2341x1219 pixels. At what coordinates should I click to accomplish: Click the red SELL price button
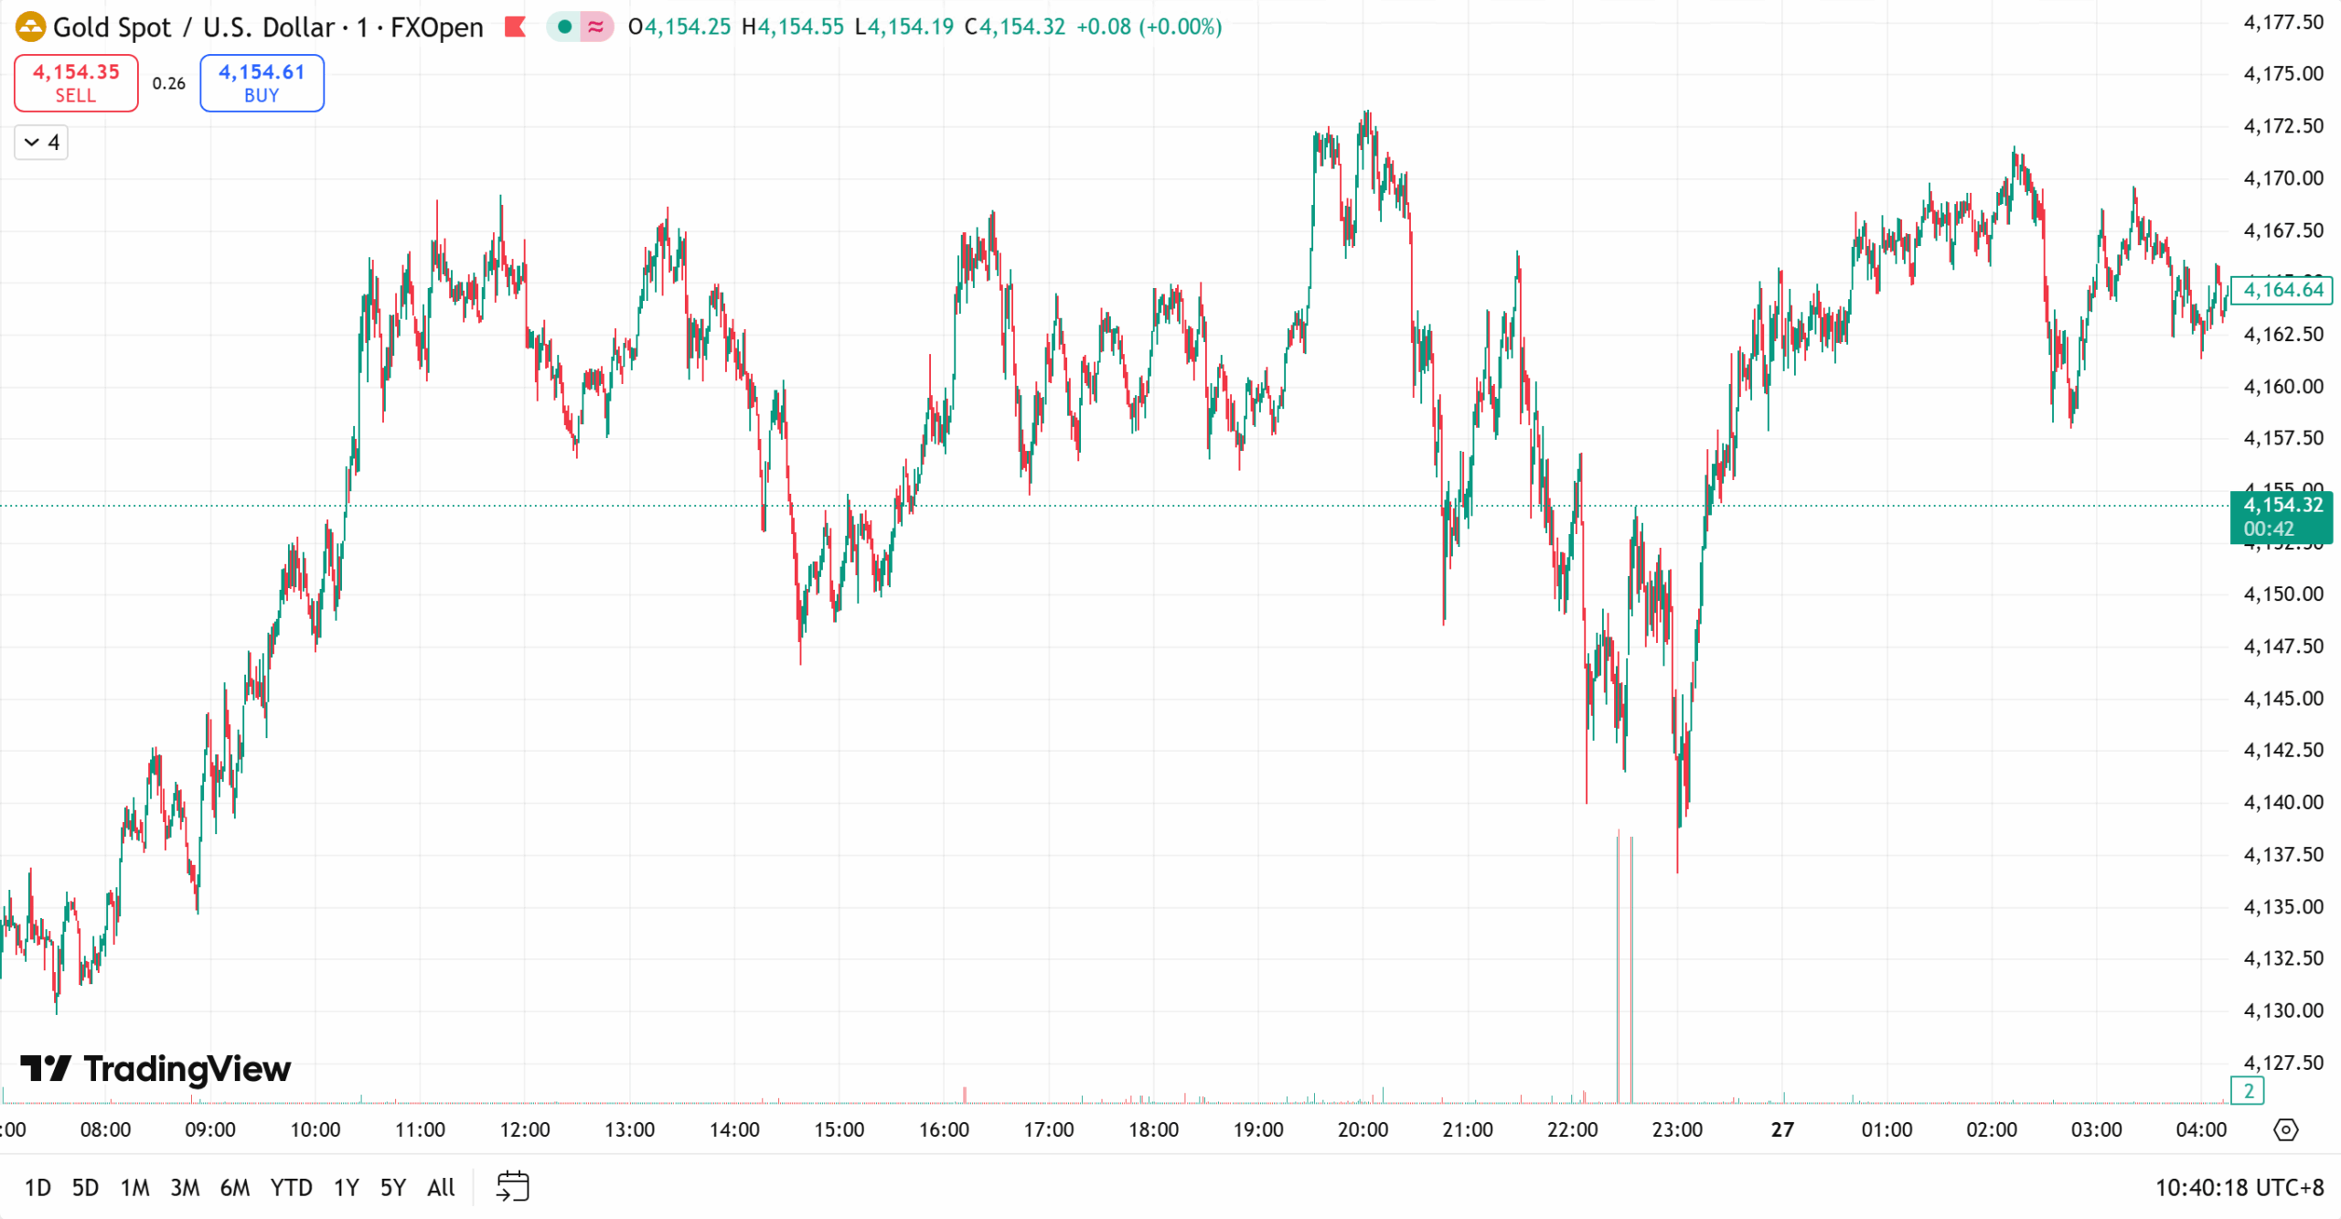coord(76,83)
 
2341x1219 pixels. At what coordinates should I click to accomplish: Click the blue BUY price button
coord(262,83)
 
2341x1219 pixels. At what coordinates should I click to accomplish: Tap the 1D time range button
coord(37,1187)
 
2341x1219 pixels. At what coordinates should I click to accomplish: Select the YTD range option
coord(291,1187)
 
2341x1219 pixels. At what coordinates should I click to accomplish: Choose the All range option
coord(441,1187)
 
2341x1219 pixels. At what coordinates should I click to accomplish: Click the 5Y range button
coord(392,1187)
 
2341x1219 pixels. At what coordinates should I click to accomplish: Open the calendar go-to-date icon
coord(512,1186)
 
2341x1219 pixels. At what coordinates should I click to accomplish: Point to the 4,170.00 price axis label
coord(2282,177)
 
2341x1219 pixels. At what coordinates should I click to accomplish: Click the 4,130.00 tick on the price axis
coord(2282,1010)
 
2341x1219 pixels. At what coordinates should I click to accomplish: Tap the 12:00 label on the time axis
coord(525,1129)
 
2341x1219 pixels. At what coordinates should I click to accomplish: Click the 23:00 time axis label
coord(1677,1129)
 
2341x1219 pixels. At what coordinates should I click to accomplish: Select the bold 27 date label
coord(1781,1129)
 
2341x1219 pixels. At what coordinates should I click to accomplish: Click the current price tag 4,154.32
coord(2282,506)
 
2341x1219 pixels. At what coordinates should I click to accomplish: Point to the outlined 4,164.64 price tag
coord(2282,290)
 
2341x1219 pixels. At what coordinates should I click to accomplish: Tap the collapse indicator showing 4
coord(41,143)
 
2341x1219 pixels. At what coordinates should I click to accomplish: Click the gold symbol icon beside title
coord(30,27)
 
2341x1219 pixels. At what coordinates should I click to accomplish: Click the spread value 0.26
coord(169,83)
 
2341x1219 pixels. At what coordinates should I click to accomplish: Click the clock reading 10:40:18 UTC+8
coord(2239,1187)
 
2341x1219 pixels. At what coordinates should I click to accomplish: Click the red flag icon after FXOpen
coord(516,27)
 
